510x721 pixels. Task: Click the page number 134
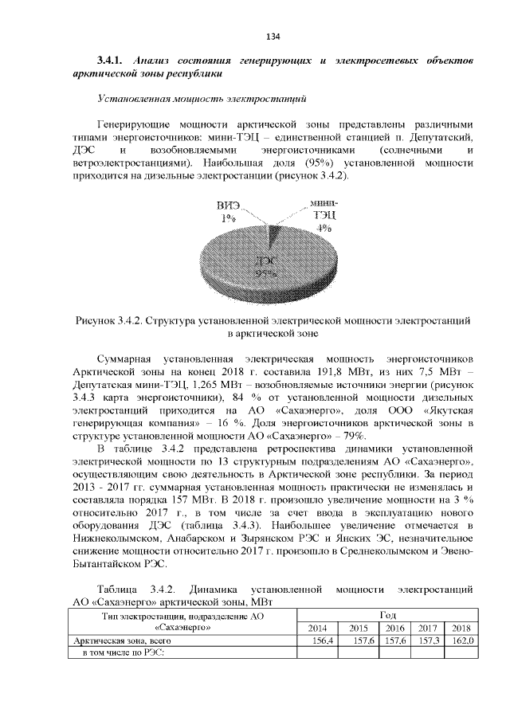pos(273,37)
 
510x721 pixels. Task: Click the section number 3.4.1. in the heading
pos(112,61)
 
